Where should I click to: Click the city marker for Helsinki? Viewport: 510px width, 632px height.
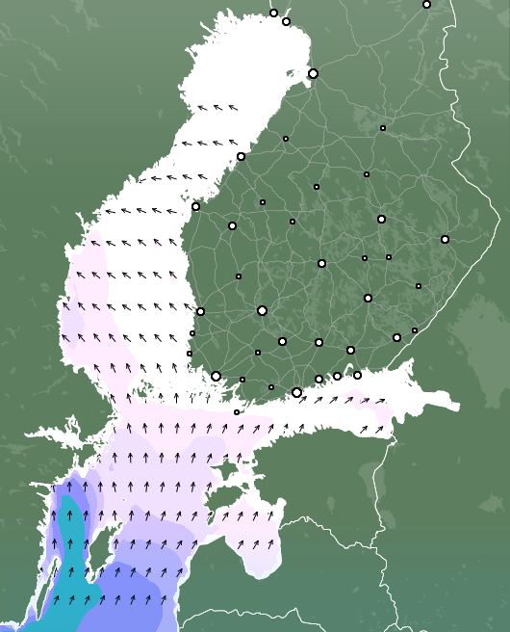296,392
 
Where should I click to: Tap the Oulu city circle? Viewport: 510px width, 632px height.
313,73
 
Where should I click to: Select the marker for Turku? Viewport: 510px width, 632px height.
216,376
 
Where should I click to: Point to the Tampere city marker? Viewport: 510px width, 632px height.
262,310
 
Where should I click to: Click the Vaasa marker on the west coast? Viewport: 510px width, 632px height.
195,206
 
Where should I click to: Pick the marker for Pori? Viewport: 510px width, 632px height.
200,311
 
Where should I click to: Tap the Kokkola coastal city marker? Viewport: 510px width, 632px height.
241,156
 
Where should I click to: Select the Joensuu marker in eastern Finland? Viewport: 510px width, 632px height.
445,239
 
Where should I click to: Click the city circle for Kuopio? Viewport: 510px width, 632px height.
381,219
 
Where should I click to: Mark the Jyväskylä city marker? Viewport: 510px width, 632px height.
321,263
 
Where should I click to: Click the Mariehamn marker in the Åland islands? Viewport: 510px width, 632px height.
237,412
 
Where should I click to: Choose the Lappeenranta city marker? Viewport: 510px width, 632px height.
396,337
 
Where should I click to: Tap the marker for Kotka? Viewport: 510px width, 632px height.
357,375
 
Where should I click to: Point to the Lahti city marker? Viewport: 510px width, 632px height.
319,342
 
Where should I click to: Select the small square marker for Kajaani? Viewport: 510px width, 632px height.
382,127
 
